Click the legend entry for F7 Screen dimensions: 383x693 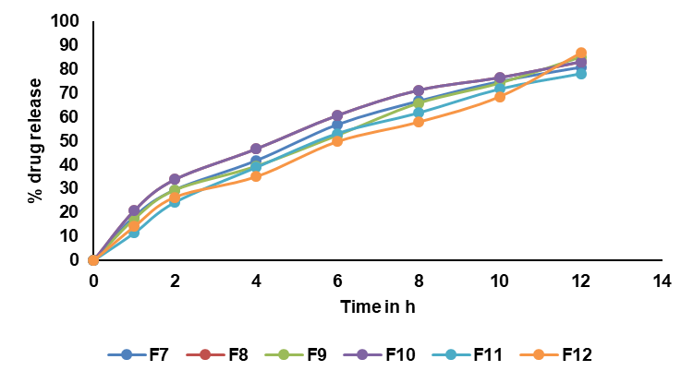click(x=143, y=353)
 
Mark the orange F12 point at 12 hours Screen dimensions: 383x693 click(x=581, y=53)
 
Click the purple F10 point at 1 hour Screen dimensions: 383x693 click(x=134, y=210)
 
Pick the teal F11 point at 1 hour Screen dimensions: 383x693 click(x=134, y=233)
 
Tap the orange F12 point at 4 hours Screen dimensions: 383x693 click(x=256, y=176)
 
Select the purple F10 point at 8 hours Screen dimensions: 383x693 click(x=419, y=90)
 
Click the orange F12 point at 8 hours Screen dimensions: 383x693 click(x=419, y=121)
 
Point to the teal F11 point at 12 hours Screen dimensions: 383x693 click(x=581, y=74)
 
